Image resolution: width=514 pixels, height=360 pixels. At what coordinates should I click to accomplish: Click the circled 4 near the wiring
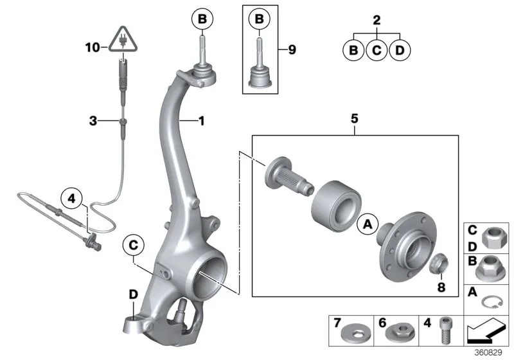pos(73,199)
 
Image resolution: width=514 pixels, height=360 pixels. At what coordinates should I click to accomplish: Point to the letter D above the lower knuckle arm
pos(133,294)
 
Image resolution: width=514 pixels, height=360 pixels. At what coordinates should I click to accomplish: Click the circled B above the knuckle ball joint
pos(202,21)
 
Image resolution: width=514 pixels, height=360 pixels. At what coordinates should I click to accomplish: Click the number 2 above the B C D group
pos(377,20)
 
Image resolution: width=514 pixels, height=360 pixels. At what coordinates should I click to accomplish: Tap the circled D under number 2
pos(399,50)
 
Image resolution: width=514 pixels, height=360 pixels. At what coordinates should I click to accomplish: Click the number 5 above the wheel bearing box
pos(354,119)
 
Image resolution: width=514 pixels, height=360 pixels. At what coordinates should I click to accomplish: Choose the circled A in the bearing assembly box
pos(368,223)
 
